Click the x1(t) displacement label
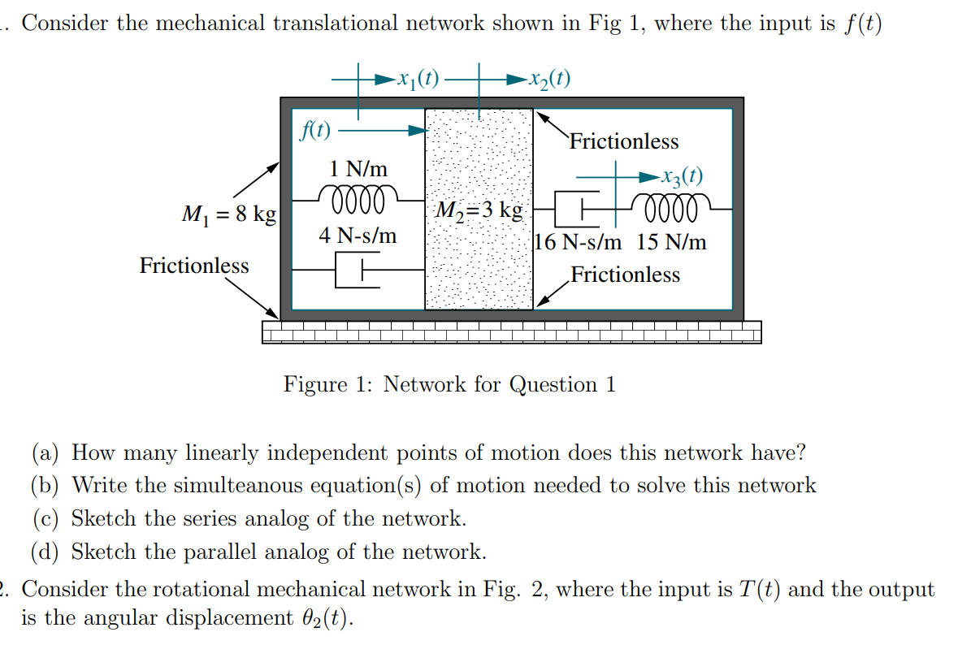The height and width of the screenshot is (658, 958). pos(416,79)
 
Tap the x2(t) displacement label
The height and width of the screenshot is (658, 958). pos(548,79)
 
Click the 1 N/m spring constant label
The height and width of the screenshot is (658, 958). pos(358,169)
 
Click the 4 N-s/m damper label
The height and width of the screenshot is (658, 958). pos(358,236)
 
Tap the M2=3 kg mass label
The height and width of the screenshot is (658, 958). pos(478,210)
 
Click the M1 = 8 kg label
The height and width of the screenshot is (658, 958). pos(228,214)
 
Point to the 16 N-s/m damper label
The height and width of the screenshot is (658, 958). pos(579,242)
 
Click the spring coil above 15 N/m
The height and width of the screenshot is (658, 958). pos(671,208)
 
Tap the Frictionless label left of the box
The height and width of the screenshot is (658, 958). pos(194,266)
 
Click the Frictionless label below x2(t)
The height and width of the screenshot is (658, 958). pos(623,141)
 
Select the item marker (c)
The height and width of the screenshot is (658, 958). pos(46,519)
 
